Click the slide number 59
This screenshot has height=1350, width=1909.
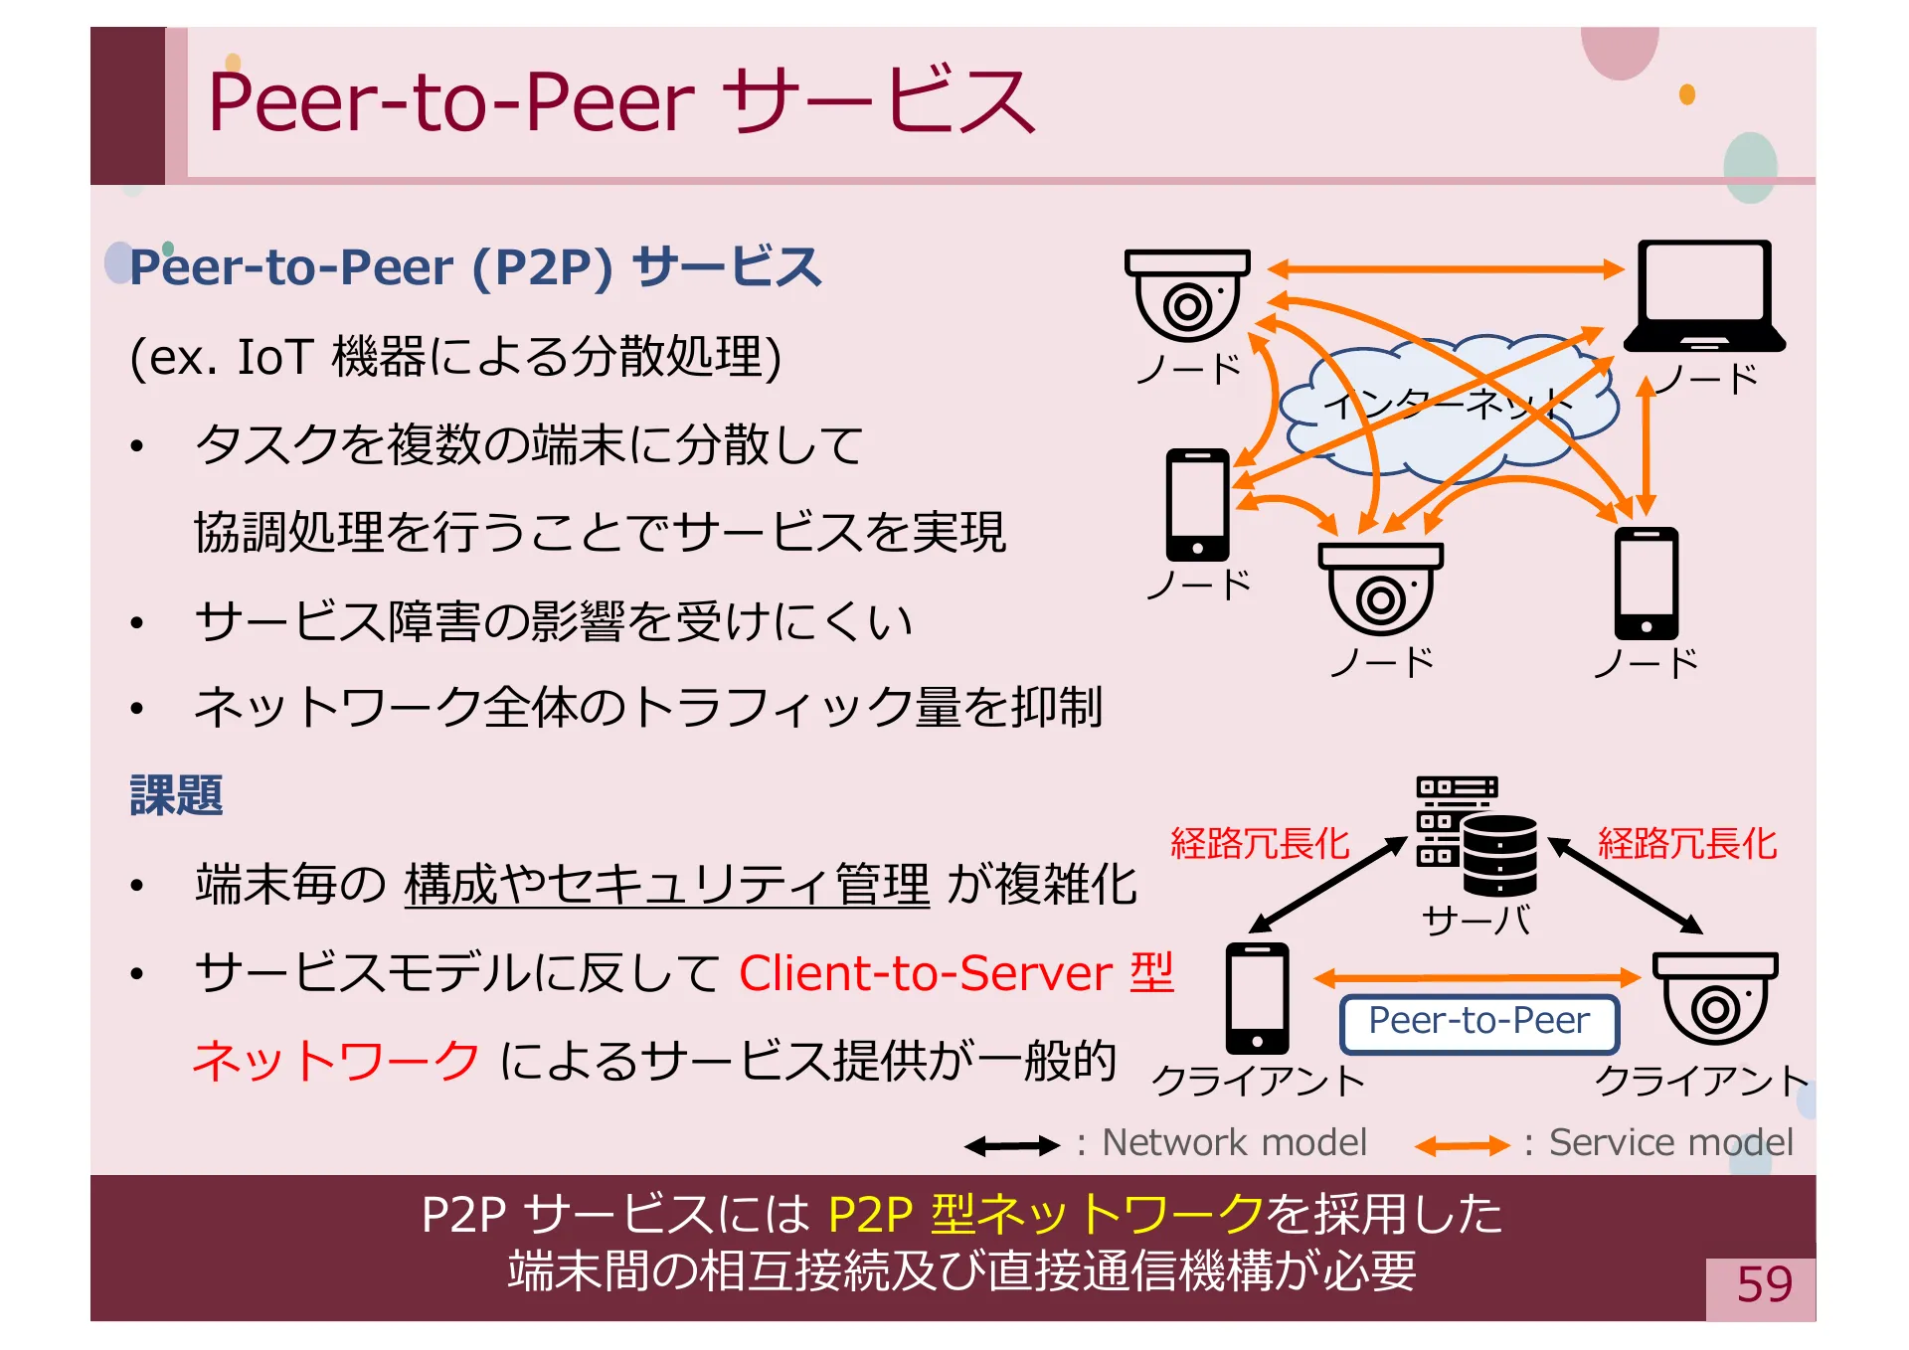1763,1284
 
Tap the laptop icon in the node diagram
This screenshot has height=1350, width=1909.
1704,296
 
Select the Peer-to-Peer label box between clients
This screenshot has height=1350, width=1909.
1478,1022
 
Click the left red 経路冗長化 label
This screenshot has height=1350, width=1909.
1260,844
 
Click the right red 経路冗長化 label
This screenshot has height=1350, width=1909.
1686,844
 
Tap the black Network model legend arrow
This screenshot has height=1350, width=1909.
1011,1146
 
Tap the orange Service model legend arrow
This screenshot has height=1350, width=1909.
1462,1146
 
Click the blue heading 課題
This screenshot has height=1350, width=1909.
176,795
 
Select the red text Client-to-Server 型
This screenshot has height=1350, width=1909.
955,973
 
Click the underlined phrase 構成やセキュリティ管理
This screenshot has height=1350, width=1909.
666,884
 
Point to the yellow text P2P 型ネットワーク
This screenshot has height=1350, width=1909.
1045,1214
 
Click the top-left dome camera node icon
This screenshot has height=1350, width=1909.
1187,295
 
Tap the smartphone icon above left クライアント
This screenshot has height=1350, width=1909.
1257,998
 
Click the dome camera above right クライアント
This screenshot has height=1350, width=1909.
1715,997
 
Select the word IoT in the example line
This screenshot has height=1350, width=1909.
274,357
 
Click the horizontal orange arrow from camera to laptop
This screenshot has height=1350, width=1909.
1445,268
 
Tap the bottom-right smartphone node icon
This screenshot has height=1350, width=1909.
1646,584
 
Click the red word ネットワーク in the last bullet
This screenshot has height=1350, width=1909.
337,1061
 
